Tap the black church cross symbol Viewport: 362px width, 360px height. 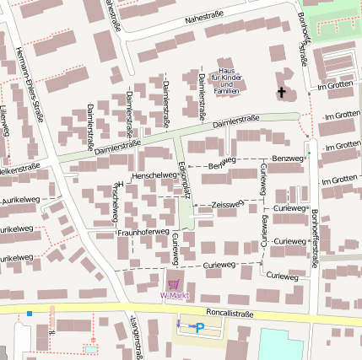click(281, 91)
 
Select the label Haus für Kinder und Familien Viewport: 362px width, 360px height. click(224, 80)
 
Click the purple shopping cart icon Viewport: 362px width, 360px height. click(173, 284)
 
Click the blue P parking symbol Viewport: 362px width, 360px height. click(200, 327)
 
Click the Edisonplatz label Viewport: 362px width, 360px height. click(185, 180)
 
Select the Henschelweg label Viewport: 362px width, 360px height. click(155, 174)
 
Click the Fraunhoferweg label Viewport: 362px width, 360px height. click(143, 231)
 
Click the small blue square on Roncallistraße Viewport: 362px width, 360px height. click(30, 314)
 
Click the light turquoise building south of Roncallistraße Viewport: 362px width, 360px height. click(280, 344)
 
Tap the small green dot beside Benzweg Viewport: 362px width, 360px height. click(308, 153)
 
